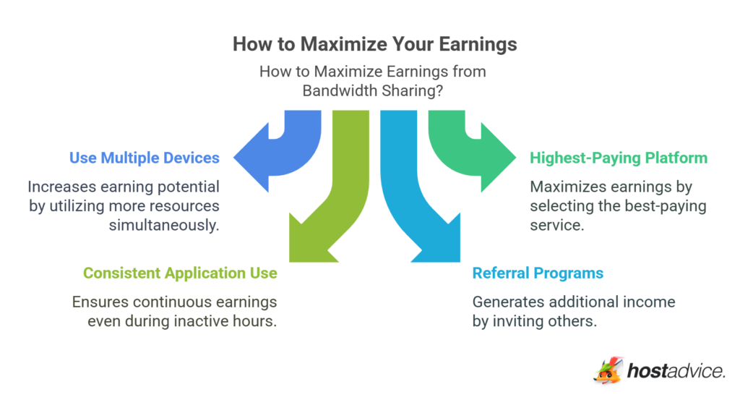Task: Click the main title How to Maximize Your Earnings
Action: (x=374, y=44)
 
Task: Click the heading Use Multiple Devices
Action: (x=144, y=158)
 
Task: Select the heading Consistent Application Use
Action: (x=180, y=273)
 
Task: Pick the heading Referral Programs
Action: (x=538, y=273)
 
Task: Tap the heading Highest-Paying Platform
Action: (x=619, y=158)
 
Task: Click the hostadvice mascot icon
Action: (x=608, y=371)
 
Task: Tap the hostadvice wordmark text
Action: (x=676, y=372)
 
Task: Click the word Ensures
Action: (x=99, y=302)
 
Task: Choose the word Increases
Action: (x=63, y=187)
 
